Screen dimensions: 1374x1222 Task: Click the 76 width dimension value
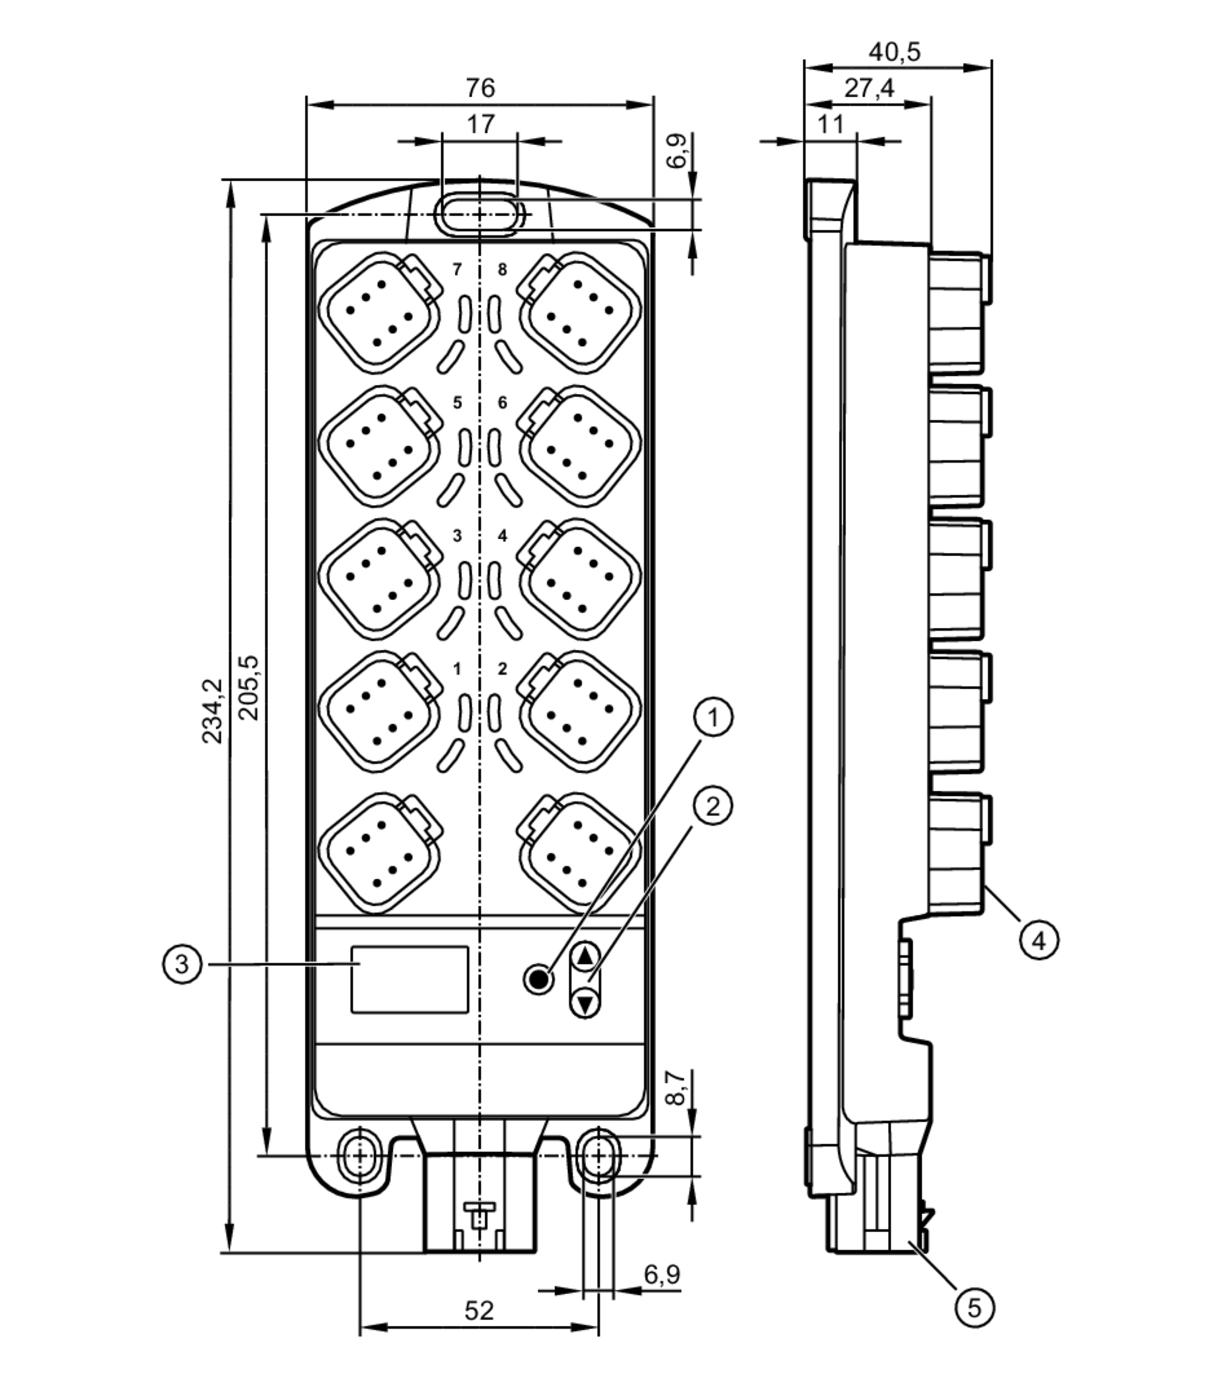(x=480, y=88)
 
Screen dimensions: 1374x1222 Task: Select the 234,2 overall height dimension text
(x=213, y=711)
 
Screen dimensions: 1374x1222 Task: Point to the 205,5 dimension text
(x=249, y=687)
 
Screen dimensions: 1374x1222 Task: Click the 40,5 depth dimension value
(x=894, y=52)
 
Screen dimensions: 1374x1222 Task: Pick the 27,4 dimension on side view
(x=869, y=88)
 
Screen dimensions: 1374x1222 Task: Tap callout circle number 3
(x=181, y=965)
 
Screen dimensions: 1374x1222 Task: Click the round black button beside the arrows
(x=538, y=980)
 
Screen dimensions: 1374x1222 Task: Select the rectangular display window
(x=409, y=980)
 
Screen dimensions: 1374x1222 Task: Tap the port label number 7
(x=457, y=269)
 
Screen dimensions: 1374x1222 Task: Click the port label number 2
(x=502, y=669)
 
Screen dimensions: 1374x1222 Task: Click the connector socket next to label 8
(x=579, y=313)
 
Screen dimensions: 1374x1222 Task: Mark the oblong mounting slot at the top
(x=480, y=215)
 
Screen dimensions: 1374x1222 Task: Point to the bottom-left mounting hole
(x=360, y=1156)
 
